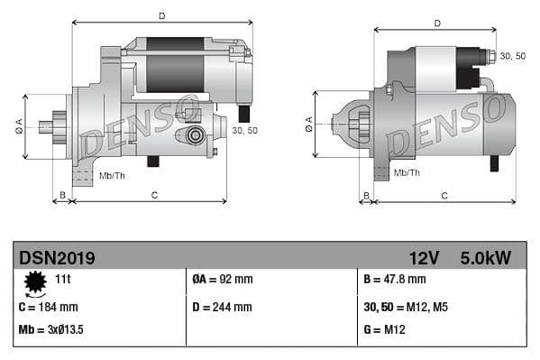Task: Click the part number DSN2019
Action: click(57, 258)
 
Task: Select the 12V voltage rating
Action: click(423, 258)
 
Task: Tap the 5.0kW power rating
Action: click(485, 258)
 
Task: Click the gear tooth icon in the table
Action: click(35, 283)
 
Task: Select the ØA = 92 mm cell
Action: click(223, 281)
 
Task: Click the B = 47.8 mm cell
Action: click(394, 281)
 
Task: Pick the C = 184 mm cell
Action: click(49, 307)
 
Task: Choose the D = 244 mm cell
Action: click(223, 307)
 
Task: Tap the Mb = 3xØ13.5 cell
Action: click(51, 329)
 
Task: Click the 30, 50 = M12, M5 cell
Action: click(406, 307)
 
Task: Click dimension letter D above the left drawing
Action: click(161, 15)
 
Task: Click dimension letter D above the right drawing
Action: click(436, 23)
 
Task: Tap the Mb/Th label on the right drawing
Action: click(407, 172)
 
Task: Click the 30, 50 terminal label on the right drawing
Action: click(512, 56)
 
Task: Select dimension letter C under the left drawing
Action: click(154, 195)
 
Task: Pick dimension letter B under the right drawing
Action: click(365, 195)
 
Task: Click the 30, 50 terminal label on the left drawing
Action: click(244, 131)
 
